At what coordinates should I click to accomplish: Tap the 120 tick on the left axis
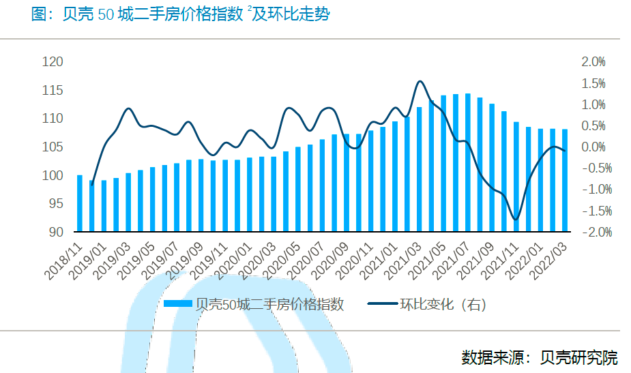coord(53,62)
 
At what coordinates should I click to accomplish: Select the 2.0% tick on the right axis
coord(592,62)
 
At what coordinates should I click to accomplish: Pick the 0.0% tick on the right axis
coord(592,147)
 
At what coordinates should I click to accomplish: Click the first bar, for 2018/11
coord(80,203)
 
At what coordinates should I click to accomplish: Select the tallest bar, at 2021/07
coord(467,162)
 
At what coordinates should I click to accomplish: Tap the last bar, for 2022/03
coord(565,180)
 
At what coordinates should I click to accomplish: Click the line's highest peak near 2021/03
coord(420,82)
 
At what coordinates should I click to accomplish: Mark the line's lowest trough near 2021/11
coord(516,220)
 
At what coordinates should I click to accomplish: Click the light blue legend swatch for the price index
coord(178,305)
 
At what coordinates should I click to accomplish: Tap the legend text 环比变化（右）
coord(443,305)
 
